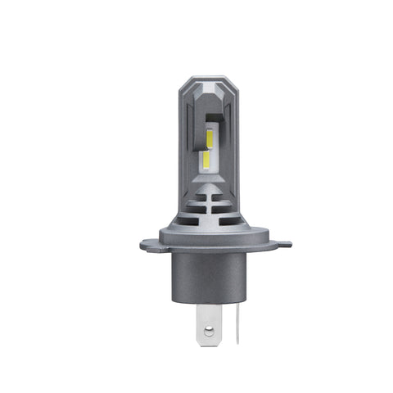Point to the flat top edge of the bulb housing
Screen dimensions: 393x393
click(x=196, y=79)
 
